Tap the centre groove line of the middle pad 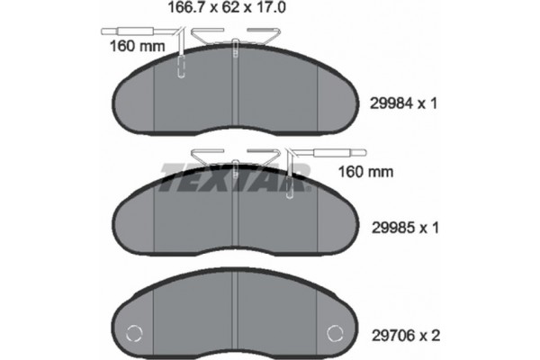pos(235,220)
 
